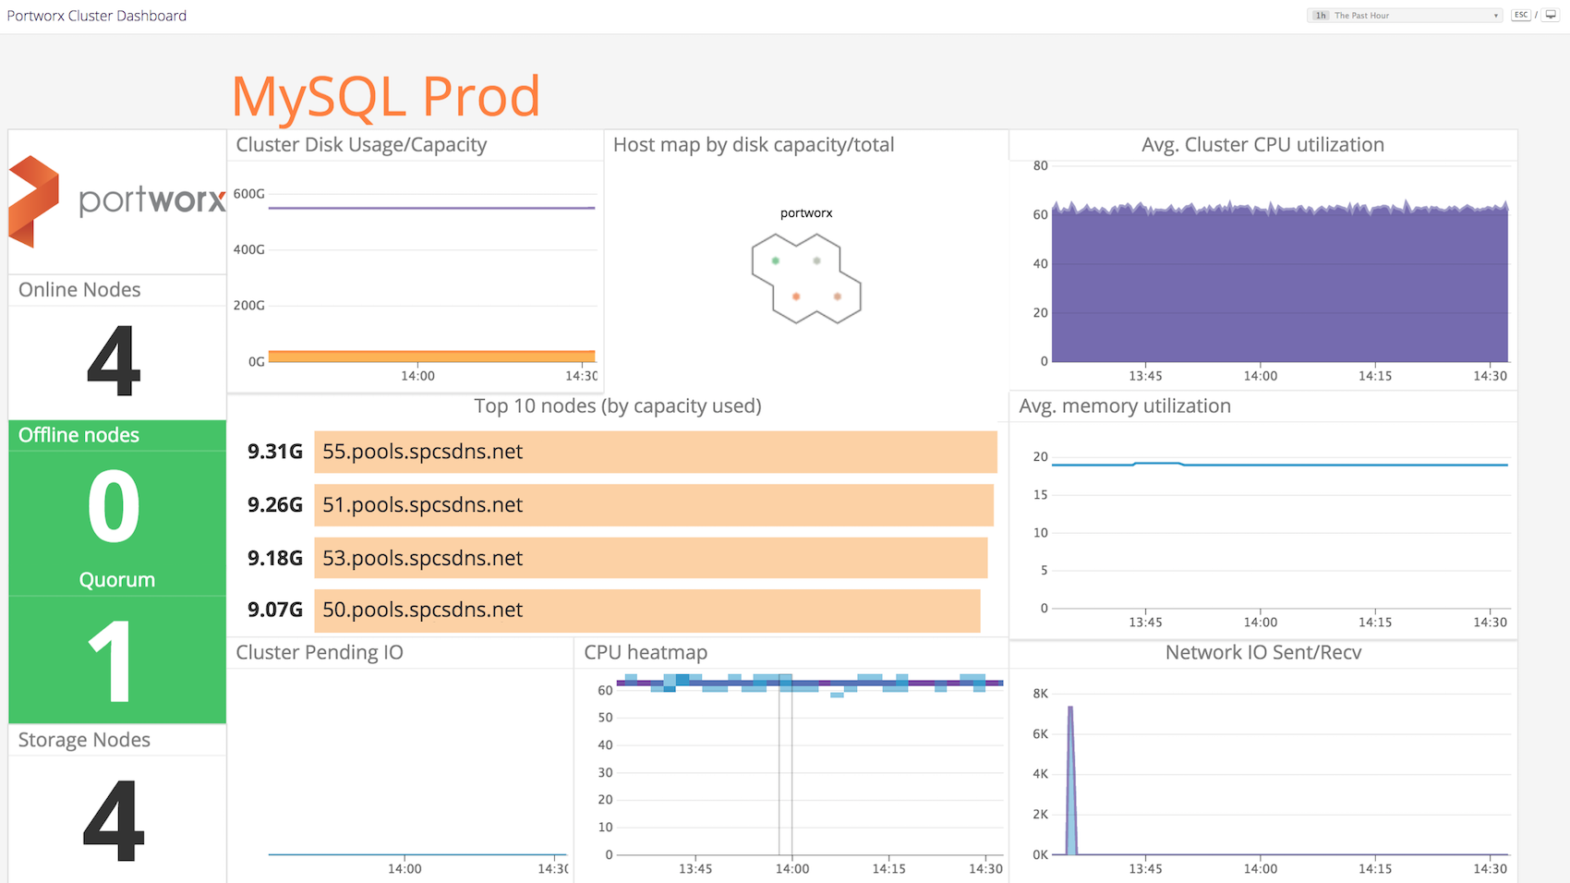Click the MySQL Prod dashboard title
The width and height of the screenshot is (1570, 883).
(385, 96)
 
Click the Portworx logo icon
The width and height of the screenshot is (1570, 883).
(33, 201)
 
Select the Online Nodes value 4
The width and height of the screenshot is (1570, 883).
(114, 361)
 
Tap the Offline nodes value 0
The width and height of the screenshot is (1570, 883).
(114, 506)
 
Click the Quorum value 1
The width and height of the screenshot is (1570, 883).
(111, 661)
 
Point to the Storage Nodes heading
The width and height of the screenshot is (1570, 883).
(84, 740)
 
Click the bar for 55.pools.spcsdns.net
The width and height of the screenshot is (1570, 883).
(655, 452)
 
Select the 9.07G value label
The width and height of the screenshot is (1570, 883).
(274, 610)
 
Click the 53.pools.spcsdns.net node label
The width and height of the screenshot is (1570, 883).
(422, 558)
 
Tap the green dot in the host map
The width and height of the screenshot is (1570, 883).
(776, 260)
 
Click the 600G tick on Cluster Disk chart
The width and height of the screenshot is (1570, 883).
(249, 194)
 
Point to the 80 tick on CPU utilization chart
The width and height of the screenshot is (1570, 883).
(1041, 166)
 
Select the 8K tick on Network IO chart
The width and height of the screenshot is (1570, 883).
(1040, 694)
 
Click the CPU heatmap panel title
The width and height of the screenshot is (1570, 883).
(646, 652)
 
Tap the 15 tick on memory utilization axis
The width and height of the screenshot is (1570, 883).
(1041, 495)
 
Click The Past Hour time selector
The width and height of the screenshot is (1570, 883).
(1404, 16)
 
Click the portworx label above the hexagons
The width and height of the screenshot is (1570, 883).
(806, 213)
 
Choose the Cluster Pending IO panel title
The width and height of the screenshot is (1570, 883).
(320, 652)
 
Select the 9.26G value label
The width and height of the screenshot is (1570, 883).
(274, 505)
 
